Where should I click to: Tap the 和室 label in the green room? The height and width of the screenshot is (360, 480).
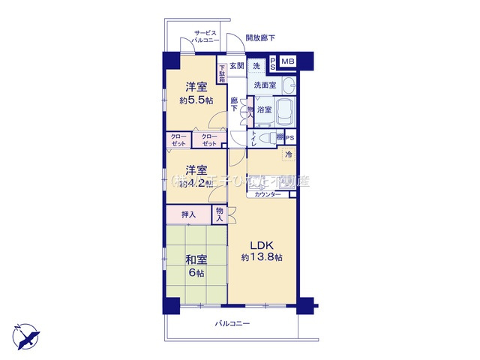click(197, 260)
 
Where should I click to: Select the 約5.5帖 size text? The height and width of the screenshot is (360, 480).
click(196, 100)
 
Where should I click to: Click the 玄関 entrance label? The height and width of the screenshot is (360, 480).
click(237, 65)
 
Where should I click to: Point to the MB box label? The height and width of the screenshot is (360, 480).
click(288, 61)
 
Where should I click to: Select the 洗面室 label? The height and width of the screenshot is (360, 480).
click(265, 85)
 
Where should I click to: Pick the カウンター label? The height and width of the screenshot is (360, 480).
click(268, 194)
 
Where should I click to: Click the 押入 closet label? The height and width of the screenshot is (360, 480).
click(188, 215)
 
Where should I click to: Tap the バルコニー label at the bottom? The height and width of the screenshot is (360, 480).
click(232, 324)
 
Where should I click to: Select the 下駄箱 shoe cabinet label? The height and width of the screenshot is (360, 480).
click(222, 73)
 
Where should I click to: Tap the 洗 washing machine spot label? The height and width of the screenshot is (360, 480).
click(256, 64)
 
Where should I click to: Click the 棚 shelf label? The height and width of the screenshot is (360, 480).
click(279, 138)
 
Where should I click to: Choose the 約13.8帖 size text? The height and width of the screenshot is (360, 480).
click(262, 257)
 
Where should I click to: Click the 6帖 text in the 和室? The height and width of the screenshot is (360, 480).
click(197, 273)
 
